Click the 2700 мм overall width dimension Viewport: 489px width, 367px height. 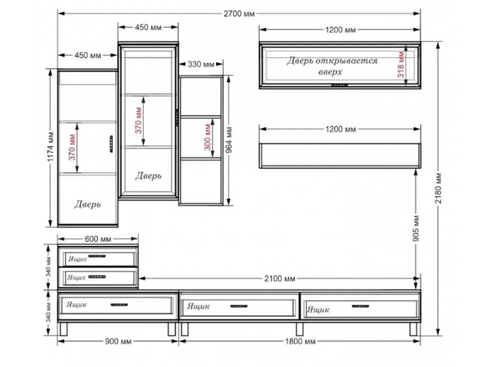pos(239,14)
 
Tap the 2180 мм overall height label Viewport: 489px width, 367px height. pos(438,188)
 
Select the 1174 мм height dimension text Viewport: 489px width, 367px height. pos(50,147)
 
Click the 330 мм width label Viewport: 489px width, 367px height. pos(201,64)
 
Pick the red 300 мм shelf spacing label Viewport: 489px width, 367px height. pos(208,137)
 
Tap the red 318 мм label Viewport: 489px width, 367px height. pos(401,65)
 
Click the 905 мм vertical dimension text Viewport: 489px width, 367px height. pos(416,228)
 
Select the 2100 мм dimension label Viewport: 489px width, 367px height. pos(279,278)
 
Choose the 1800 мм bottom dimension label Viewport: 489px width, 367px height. pos(300,341)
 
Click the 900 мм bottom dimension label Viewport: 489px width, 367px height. pos(118,341)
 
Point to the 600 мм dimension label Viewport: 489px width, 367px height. pos(98,239)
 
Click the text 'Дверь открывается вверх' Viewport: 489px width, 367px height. pos(332,66)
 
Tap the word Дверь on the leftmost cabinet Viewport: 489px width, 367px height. pos(87,204)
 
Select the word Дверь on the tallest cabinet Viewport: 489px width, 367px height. pos(148,175)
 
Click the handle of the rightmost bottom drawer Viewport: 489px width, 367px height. pos(360,306)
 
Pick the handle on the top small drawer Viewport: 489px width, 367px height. pos(97,256)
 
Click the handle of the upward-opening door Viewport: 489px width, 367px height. pos(339,85)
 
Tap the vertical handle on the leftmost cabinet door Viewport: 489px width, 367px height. pos(111,144)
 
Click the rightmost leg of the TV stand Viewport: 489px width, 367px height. pos(413,329)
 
